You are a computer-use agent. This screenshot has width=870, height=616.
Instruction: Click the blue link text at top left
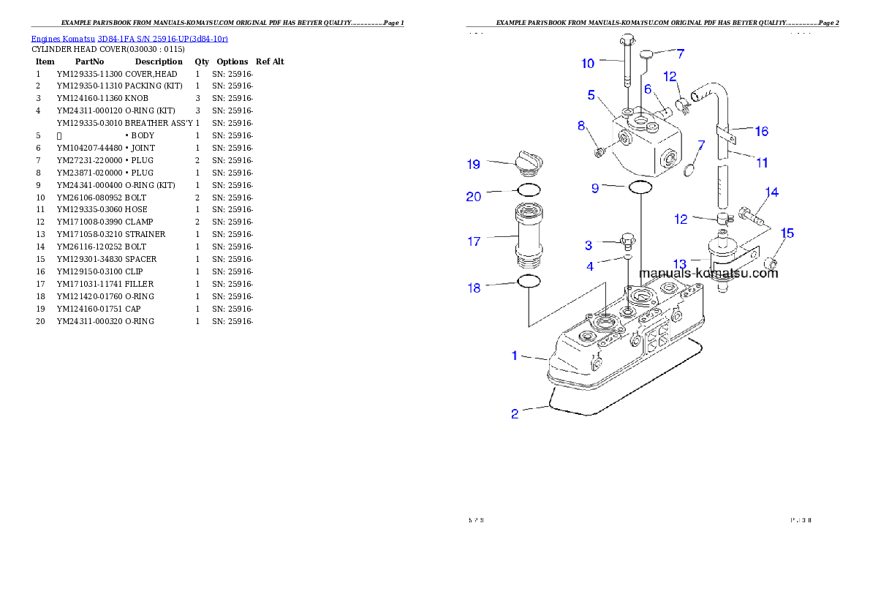[129, 38]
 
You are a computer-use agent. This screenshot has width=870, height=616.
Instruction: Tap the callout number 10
[588, 64]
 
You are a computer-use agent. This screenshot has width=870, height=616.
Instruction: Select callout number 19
[474, 164]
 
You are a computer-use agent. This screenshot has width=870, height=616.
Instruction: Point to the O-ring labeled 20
[529, 190]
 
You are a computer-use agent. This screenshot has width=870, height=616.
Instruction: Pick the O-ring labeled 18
[529, 282]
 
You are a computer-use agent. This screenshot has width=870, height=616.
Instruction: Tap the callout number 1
[515, 356]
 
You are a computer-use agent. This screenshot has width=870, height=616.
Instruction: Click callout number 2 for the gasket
[515, 414]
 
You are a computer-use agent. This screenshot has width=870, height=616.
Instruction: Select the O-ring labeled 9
[640, 188]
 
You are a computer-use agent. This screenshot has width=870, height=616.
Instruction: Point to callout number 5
[591, 95]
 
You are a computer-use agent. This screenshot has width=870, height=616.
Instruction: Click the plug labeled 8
[600, 151]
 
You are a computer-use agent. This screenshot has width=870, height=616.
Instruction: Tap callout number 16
[762, 131]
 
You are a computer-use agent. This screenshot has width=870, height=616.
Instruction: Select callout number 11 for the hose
[762, 162]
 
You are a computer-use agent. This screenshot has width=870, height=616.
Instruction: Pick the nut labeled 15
[770, 263]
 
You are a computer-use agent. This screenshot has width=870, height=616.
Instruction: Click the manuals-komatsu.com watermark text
[708, 274]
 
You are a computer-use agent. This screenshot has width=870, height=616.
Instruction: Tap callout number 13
[680, 263]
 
